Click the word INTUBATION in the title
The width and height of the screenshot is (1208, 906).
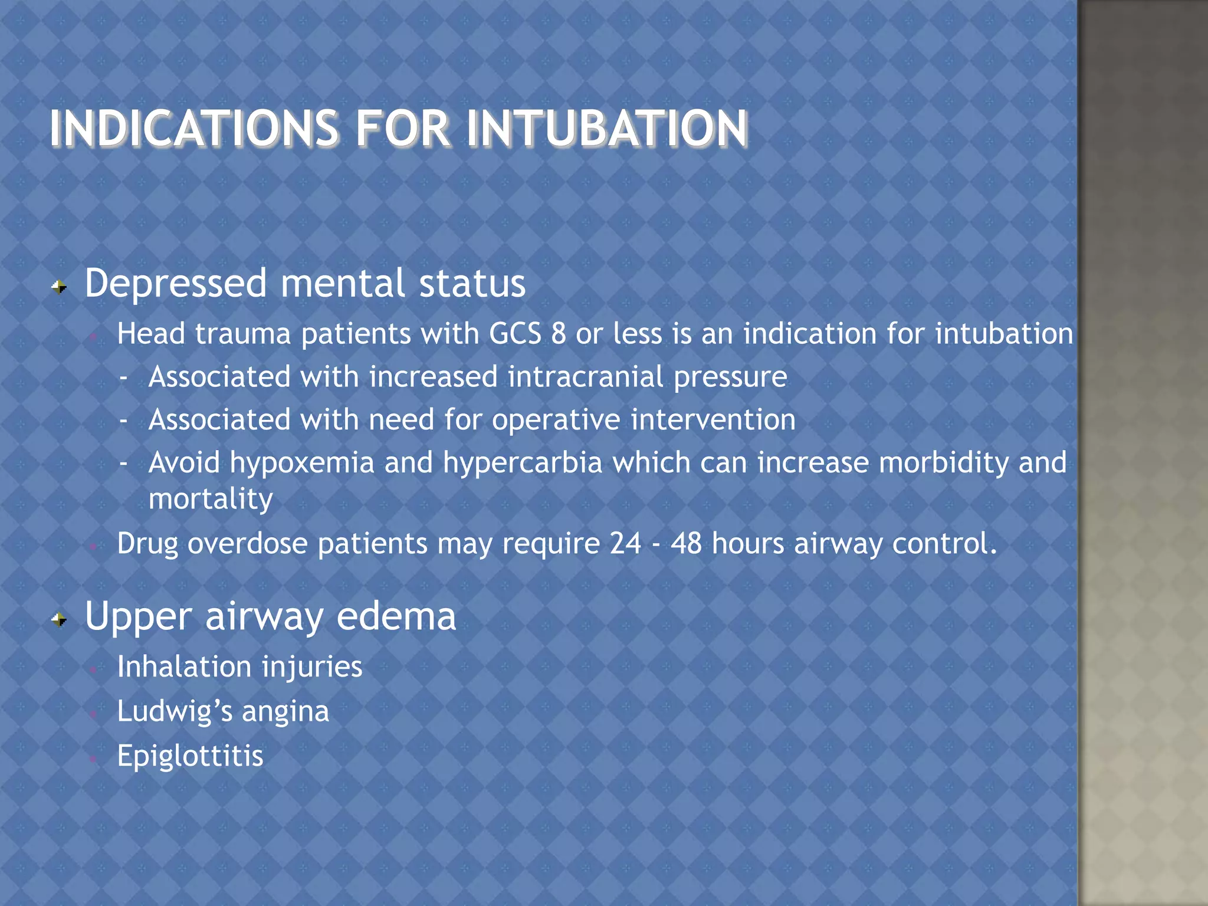pyautogui.click(x=607, y=129)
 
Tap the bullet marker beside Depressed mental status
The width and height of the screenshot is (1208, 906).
pyautogui.click(x=59, y=287)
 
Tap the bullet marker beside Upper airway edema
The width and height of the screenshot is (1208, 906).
pyautogui.click(x=59, y=620)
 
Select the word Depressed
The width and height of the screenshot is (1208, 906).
pyautogui.click(x=176, y=284)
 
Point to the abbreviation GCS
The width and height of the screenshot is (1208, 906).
pyautogui.click(x=515, y=334)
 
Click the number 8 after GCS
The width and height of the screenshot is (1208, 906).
pyautogui.click(x=558, y=334)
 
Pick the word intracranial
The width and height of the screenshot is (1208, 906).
pyautogui.click(x=585, y=377)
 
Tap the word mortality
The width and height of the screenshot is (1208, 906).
pyautogui.click(x=211, y=500)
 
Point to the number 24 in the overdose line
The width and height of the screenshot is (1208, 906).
pyautogui.click(x=625, y=543)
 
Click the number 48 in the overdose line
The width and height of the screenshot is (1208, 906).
pyautogui.click(x=686, y=543)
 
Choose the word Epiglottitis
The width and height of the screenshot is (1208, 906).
pyautogui.click(x=190, y=756)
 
